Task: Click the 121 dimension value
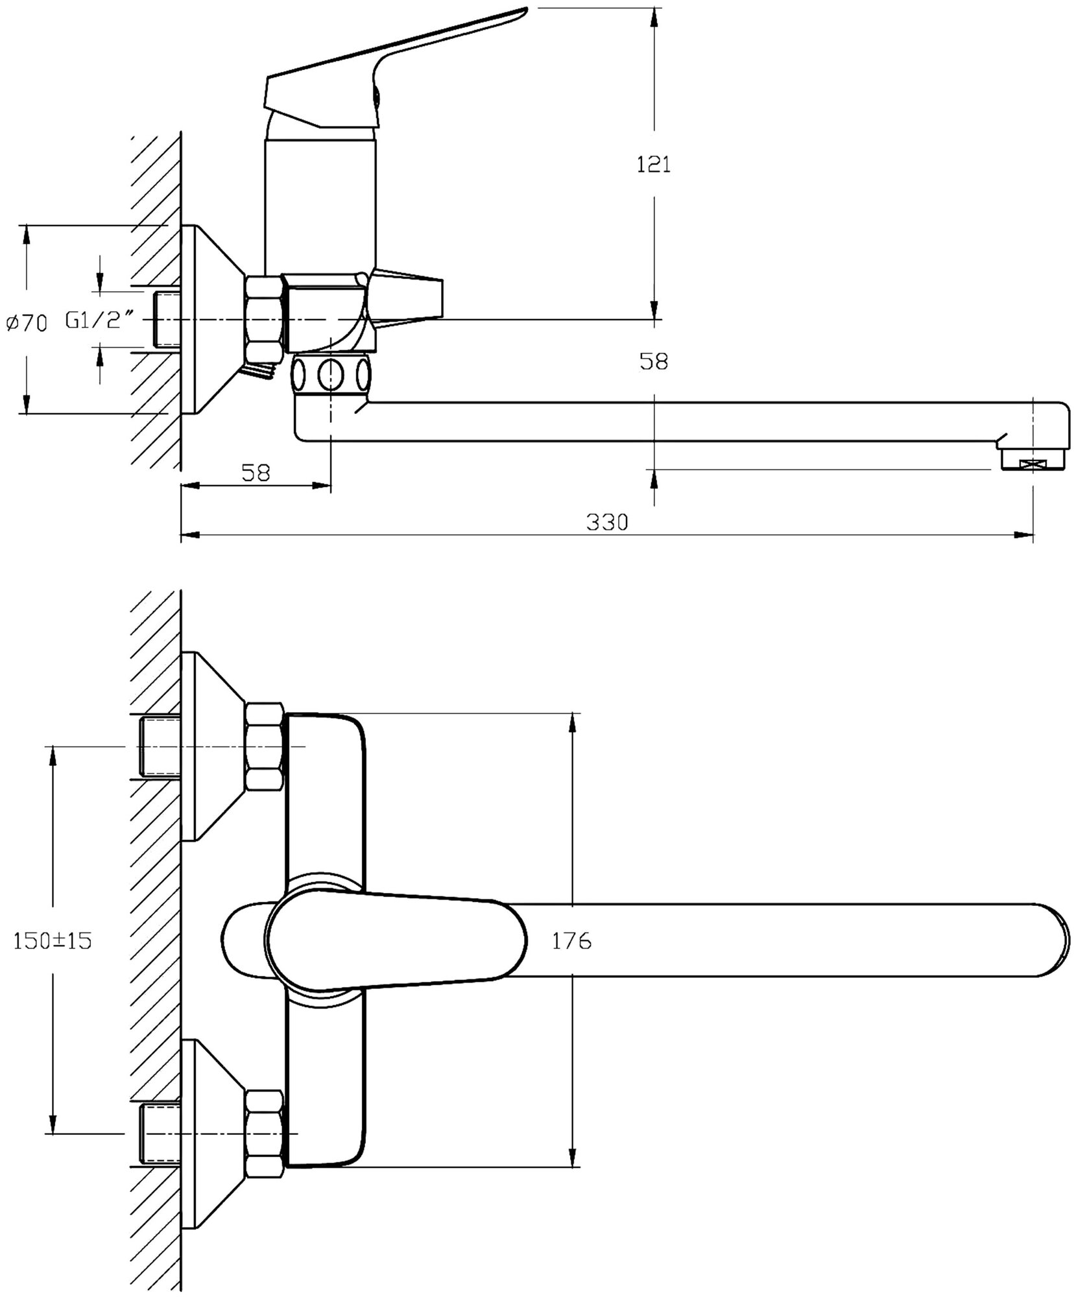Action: pyautogui.click(x=653, y=165)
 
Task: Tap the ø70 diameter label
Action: pyautogui.click(x=27, y=322)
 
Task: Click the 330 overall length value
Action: pyautogui.click(x=607, y=521)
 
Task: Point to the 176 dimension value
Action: pyautogui.click(x=571, y=942)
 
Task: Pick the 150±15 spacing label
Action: pyautogui.click(x=53, y=942)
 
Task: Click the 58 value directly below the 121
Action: pyautogui.click(x=653, y=362)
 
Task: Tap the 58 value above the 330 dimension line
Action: pyautogui.click(x=256, y=473)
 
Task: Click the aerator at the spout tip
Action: pyautogui.click(x=1033, y=461)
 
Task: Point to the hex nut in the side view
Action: pyautogui.click(x=264, y=318)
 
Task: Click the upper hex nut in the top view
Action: pyautogui.click(x=265, y=747)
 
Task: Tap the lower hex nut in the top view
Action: pyautogui.click(x=265, y=1133)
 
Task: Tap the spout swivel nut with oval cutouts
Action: pyautogui.click(x=331, y=374)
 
